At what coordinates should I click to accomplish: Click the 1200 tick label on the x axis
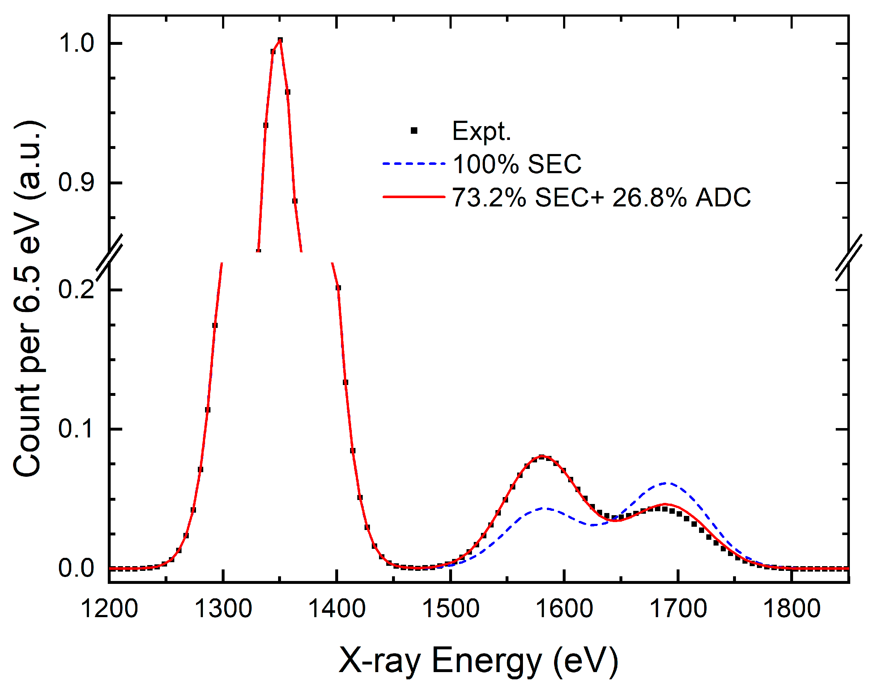coord(109,609)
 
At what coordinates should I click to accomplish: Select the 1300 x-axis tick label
coord(223,609)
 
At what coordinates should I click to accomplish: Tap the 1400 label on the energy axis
coord(337,609)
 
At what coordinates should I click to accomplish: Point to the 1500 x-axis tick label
coord(450,609)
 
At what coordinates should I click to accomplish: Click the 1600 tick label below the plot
coord(565,609)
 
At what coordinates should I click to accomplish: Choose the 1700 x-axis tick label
coord(678,609)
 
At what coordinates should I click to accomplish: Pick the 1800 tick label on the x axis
coord(792,609)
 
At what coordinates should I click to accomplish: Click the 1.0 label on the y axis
coord(76,43)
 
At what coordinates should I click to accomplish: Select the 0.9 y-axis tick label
coord(76,183)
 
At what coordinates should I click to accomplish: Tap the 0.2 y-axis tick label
coord(76,289)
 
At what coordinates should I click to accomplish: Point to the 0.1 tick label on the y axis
coord(76,429)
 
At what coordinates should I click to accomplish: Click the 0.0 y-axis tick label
coord(76,568)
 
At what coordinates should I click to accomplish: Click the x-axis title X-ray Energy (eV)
coord(478,661)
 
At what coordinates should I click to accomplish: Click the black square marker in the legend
coord(414,131)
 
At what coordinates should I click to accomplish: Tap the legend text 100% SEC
coord(517,164)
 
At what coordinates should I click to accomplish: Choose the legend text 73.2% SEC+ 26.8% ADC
coord(601,198)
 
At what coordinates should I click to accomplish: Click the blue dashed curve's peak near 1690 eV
coord(667,483)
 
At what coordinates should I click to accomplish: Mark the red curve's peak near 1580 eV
coord(542,456)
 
